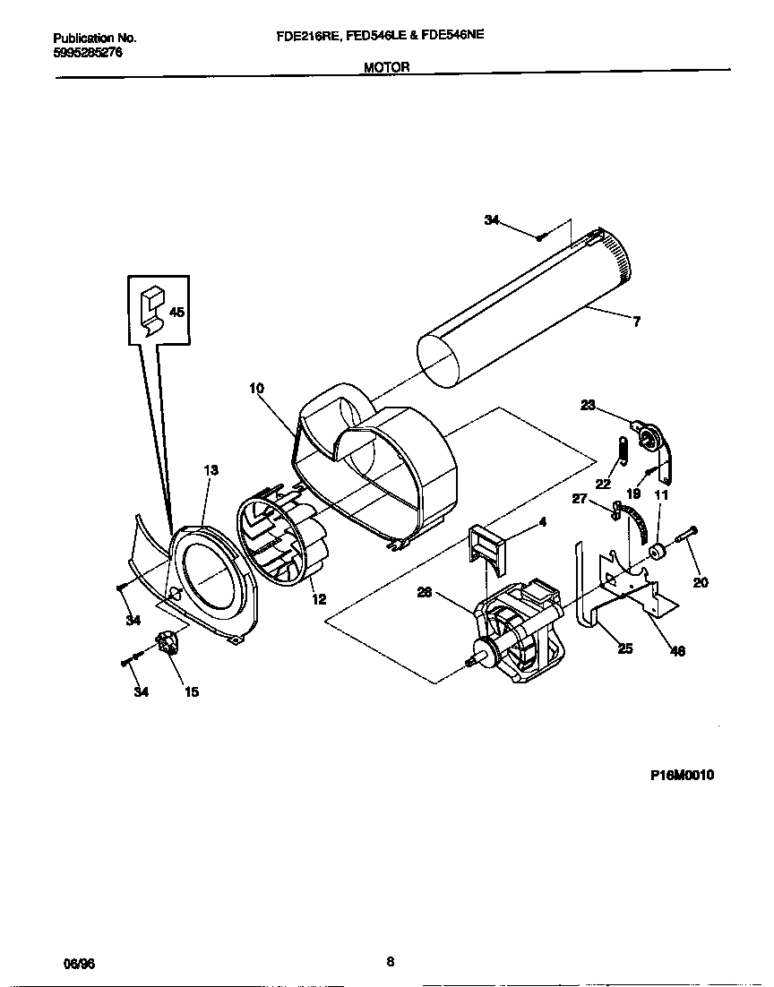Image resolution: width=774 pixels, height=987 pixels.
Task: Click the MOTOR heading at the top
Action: point(386,67)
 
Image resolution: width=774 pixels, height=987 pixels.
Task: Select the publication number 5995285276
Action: point(88,53)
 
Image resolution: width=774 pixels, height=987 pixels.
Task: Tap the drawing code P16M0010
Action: point(682,776)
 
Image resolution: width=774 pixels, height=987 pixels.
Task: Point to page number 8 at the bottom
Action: point(390,962)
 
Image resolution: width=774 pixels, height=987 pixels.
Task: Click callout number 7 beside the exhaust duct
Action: point(636,322)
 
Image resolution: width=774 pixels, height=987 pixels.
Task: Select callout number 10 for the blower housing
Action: point(257,389)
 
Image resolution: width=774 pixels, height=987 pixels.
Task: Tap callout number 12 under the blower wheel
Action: point(319,600)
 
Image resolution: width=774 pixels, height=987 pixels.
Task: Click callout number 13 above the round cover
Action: point(211,470)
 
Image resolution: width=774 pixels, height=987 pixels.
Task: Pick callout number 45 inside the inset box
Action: point(176,313)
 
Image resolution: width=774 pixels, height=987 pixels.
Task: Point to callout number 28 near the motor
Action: point(425,591)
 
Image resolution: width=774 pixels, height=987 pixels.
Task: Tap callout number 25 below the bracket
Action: point(625,648)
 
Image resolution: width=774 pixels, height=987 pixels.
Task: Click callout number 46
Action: point(677,651)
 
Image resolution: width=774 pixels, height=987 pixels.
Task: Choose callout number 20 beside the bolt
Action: point(701,582)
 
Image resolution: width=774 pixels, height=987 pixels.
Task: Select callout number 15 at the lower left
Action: point(192,691)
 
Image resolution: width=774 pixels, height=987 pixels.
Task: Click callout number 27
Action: point(580,500)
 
